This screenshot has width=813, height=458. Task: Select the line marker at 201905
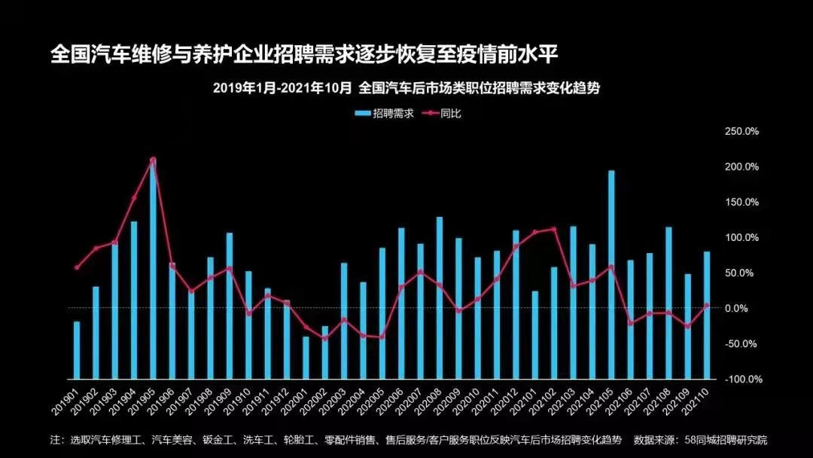153,160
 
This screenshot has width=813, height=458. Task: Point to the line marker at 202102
554,229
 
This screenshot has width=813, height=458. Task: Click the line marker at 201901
77,267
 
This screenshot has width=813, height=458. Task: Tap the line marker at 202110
707,305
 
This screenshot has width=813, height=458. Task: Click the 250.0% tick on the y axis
741,131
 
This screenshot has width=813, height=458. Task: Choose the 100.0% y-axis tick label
741,237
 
